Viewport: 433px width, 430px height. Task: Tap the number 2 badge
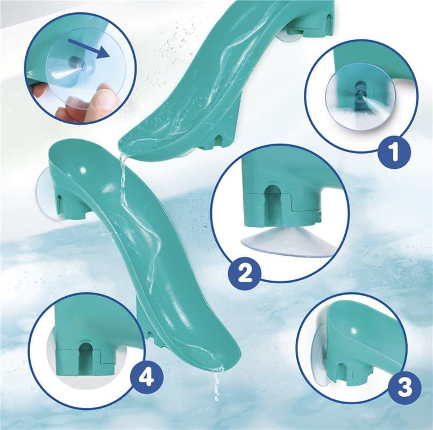pyautogui.click(x=244, y=273)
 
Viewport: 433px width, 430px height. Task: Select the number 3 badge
pyautogui.click(x=405, y=386)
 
